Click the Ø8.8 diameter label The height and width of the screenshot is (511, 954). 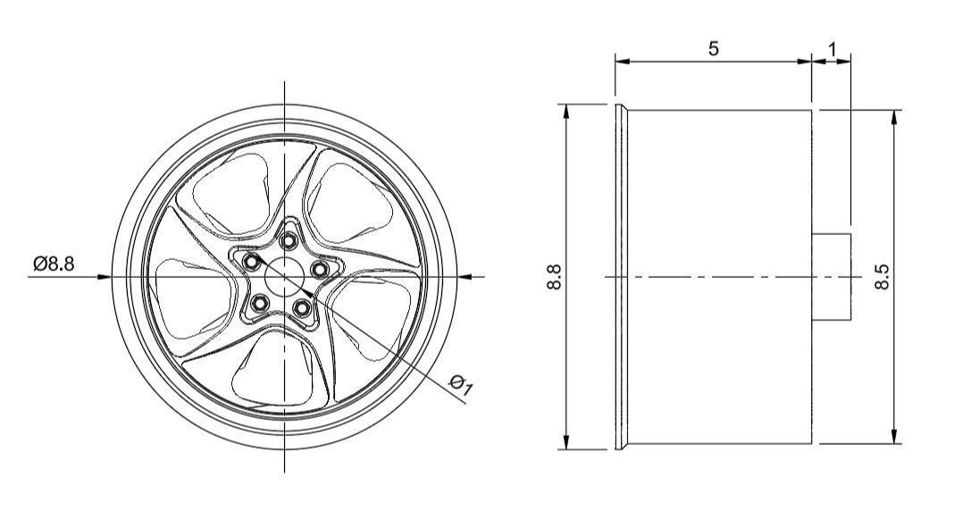[54, 264]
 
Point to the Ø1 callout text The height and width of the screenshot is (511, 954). [461, 385]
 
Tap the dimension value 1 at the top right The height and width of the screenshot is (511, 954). [833, 50]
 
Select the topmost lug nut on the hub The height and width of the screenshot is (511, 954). [289, 239]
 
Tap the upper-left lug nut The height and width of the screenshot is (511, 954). [253, 261]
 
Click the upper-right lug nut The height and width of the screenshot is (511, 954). [319, 267]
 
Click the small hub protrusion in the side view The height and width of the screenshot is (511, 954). [832, 277]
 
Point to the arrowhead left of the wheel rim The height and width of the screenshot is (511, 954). [105, 277]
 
